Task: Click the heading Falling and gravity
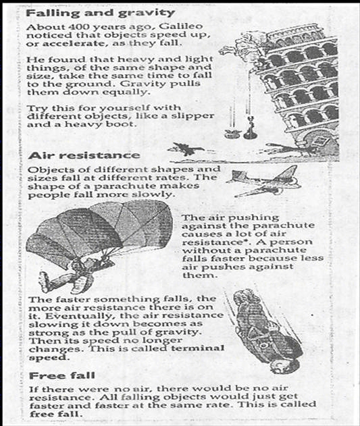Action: tap(101, 13)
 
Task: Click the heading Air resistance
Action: tap(84, 156)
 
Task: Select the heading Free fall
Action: tap(62, 376)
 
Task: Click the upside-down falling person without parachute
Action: tap(268, 331)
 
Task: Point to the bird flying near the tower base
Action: tap(186, 149)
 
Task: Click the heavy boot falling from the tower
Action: tap(250, 128)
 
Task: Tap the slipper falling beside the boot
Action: tap(232, 133)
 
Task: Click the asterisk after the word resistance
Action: tap(253, 240)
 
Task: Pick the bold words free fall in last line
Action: tap(56, 414)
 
